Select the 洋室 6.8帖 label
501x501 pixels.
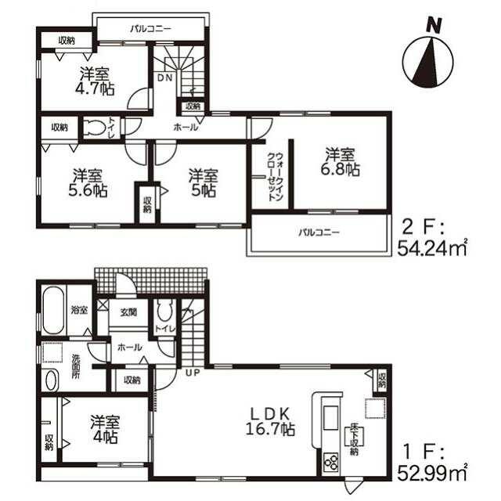click(x=340, y=162)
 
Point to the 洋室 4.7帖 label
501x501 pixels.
click(x=94, y=81)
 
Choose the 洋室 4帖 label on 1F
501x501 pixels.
click(x=104, y=430)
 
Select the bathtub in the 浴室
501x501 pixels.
click(x=53, y=310)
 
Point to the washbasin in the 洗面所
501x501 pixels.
click(x=51, y=380)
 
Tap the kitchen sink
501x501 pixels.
click(x=329, y=417)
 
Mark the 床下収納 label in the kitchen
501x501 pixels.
click(x=354, y=439)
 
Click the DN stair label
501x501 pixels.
click(x=165, y=77)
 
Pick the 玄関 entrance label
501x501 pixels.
click(x=128, y=312)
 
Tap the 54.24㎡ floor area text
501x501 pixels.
click(x=432, y=249)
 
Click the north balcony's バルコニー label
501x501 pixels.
click(x=150, y=30)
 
